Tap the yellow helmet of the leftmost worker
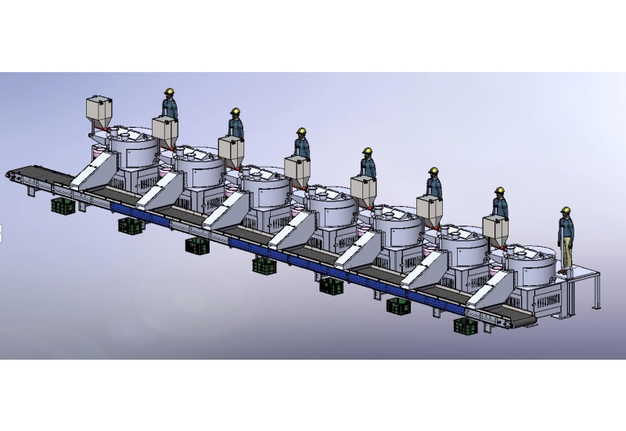click(x=168, y=92)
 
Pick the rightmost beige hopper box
click(x=497, y=228)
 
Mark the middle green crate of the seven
click(x=264, y=266)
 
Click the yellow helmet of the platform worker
click(x=565, y=210)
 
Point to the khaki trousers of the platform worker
click(x=565, y=255)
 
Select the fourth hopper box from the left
click(x=298, y=168)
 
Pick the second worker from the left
click(x=235, y=125)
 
